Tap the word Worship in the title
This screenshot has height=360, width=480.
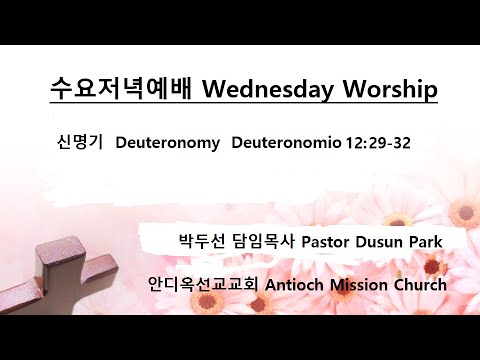click(392, 90)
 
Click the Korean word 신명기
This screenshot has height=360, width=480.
click(77, 143)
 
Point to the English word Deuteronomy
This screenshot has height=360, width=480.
click(167, 143)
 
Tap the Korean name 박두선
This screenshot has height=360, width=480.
click(197, 242)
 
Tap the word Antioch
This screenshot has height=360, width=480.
click(298, 284)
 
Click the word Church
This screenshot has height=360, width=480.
click(423, 284)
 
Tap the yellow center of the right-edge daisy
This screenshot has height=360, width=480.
click(463, 212)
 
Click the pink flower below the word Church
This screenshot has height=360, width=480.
click(420, 305)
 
